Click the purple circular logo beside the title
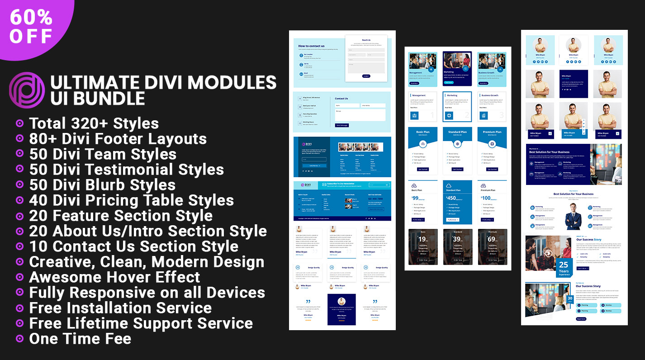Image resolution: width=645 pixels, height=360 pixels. [x=27, y=90]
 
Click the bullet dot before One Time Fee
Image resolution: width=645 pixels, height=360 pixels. [x=19, y=338]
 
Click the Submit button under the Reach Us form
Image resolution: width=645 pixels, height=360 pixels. [x=366, y=76]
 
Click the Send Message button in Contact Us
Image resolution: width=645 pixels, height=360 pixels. [x=341, y=125]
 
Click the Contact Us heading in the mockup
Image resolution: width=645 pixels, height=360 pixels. [x=341, y=99]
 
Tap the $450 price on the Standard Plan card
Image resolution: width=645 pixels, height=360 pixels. [x=451, y=198]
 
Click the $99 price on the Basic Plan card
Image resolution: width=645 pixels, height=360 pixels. [x=415, y=198]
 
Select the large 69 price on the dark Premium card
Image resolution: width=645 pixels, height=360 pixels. [x=491, y=239]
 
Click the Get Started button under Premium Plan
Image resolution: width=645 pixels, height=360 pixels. [x=492, y=169]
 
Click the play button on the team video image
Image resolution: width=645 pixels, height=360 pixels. [x=548, y=253]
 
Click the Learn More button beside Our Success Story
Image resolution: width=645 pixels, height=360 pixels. [x=583, y=268]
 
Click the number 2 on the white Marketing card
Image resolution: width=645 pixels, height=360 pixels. [x=467, y=116]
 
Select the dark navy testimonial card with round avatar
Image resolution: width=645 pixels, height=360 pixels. [x=341, y=309]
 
